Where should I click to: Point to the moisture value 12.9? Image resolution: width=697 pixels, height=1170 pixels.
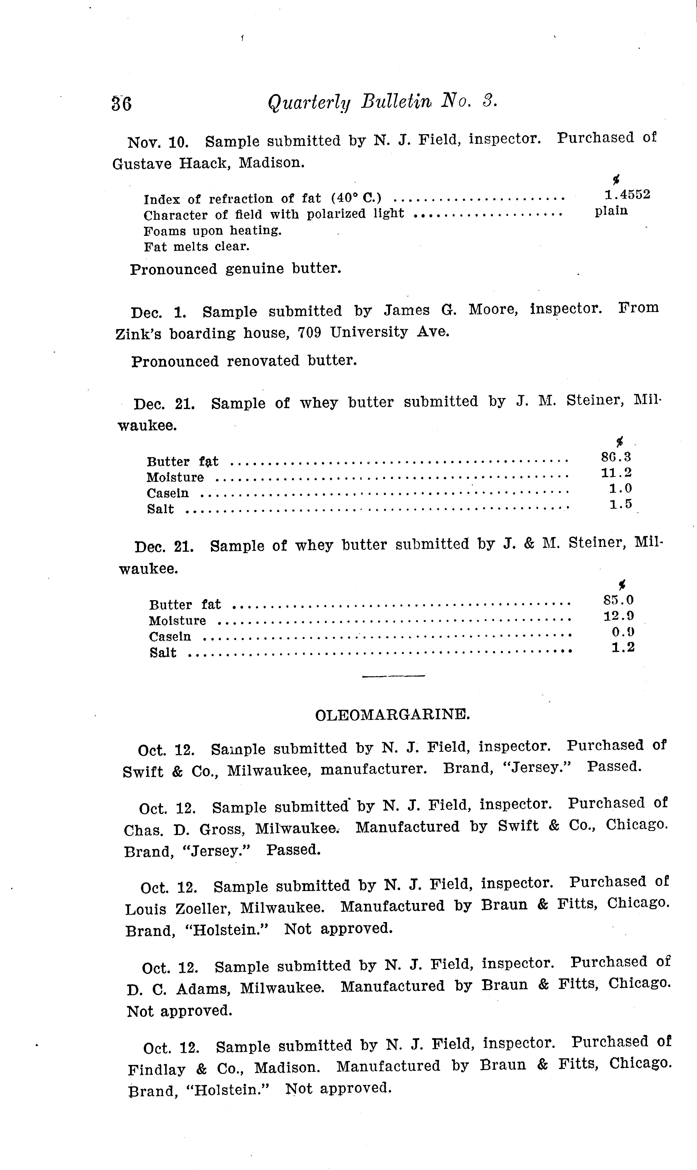pos(619,616)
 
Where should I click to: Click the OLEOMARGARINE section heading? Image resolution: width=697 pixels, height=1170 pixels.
pos(392,715)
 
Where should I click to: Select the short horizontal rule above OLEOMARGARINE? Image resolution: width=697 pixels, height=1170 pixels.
pos(394,676)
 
